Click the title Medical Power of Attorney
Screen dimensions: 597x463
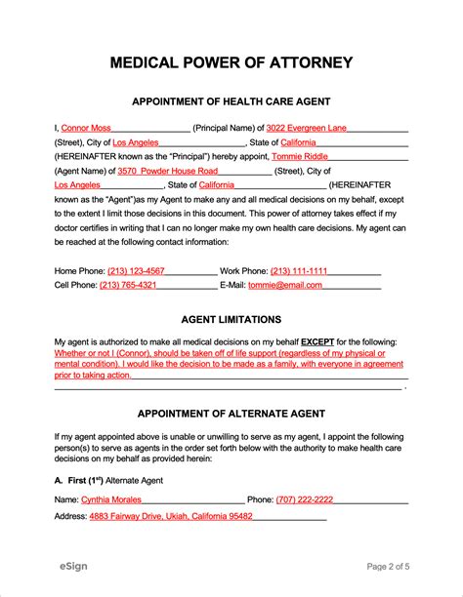(231, 63)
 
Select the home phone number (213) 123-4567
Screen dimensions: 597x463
(136, 270)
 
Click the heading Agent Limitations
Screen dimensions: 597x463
(231, 319)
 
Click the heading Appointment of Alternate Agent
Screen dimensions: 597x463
(231, 413)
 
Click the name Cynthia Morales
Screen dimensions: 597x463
(111, 498)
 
